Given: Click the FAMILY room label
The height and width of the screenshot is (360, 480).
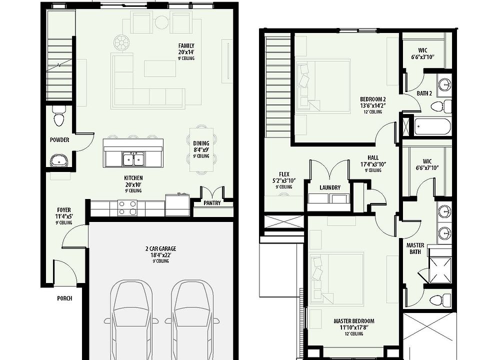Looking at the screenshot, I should point(186,46).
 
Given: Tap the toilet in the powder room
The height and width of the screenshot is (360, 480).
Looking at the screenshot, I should point(58,118).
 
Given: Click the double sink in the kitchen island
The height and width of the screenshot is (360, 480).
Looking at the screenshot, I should point(133,159).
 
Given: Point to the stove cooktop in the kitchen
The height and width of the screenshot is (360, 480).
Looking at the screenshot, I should point(127,207).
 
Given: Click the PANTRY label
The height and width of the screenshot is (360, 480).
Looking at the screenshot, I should point(212,203).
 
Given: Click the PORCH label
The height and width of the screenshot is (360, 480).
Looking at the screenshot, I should point(64,298).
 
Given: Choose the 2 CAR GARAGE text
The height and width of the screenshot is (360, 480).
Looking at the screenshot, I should point(160,248).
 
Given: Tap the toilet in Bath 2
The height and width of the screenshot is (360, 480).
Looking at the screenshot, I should point(440,106).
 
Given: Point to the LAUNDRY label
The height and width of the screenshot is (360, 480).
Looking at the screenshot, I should point(329,188).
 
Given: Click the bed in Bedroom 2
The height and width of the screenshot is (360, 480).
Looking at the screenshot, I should point(323,85).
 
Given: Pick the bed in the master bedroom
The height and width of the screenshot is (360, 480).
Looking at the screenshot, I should point(336,278).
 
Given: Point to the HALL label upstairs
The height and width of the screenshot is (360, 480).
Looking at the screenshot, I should point(372,157).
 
